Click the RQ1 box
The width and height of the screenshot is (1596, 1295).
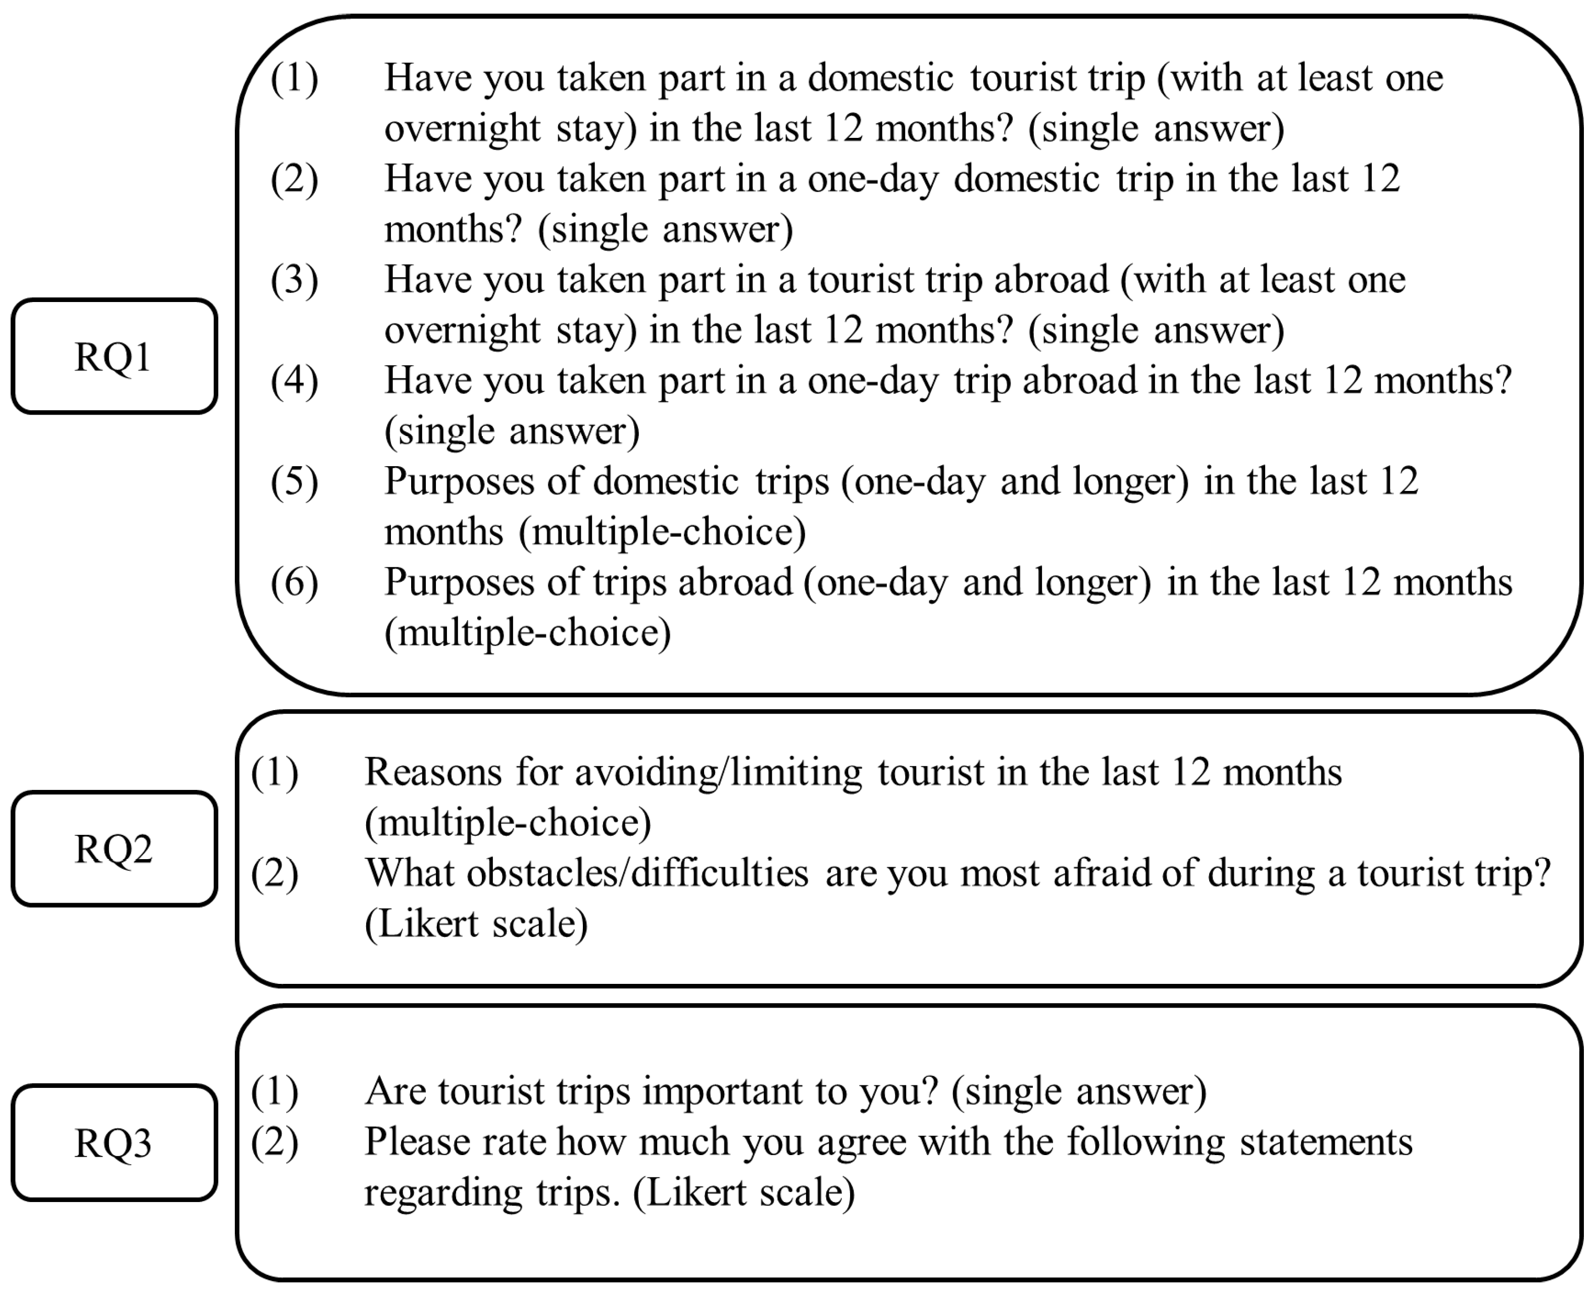click(x=113, y=356)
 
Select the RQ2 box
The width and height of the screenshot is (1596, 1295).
click(x=113, y=848)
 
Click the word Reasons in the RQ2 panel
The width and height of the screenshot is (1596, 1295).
click(x=432, y=773)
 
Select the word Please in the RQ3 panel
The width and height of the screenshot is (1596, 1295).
click(x=418, y=1142)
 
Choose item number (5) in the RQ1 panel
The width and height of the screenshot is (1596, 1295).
click(x=294, y=482)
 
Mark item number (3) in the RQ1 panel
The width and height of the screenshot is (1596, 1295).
click(x=294, y=280)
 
